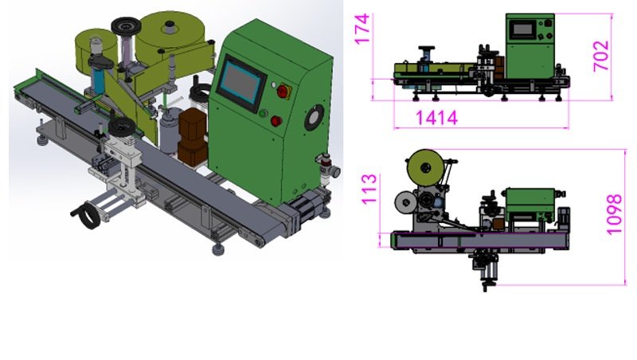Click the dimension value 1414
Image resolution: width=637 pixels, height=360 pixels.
[436, 118]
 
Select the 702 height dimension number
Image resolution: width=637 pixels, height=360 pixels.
[601, 56]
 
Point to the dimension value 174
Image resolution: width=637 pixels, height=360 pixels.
[362, 28]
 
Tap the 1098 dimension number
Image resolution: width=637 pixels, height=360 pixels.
[614, 214]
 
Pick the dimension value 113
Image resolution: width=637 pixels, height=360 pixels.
[369, 189]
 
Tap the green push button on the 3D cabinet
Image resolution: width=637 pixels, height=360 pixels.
[263, 113]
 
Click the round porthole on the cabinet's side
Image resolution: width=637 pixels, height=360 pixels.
[314, 118]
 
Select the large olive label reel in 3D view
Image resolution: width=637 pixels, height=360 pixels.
[174, 34]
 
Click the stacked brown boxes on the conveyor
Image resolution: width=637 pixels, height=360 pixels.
[192, 136]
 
